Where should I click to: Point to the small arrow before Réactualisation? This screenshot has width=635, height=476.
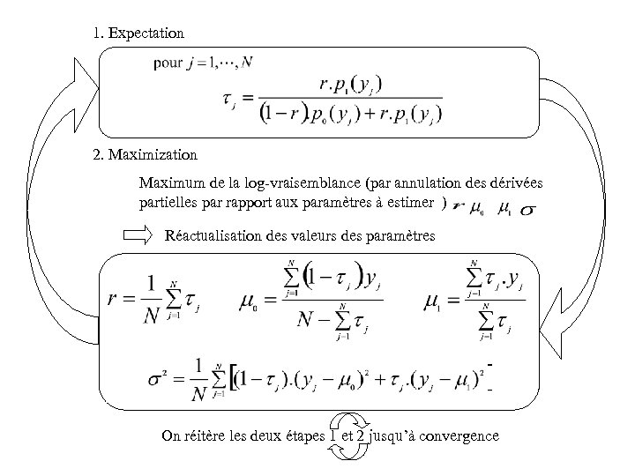click(138, 235)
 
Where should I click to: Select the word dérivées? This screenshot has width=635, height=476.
click(513, 183)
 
